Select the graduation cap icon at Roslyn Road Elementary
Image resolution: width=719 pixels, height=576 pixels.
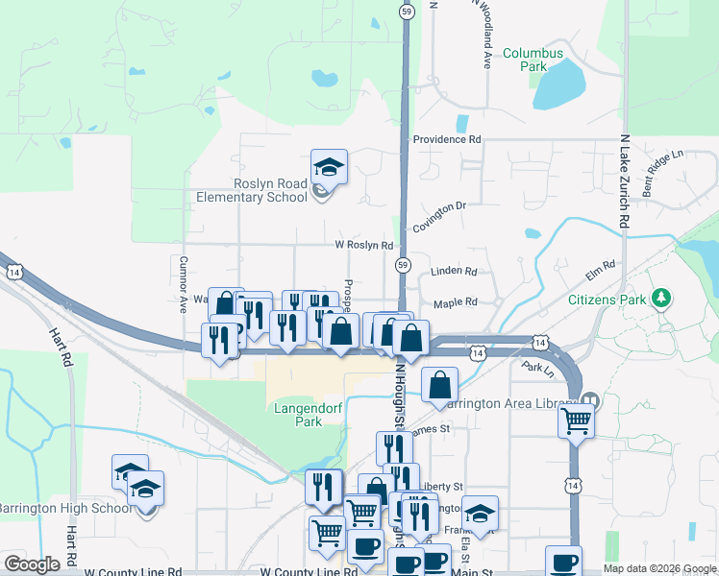tap(329, 168)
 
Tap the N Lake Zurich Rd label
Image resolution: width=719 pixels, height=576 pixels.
tap(624, 180)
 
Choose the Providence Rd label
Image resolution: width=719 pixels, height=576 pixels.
tap(447, 140)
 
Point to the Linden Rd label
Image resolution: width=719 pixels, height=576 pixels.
tap(455, 273)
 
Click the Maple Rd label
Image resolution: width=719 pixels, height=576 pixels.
tap(456, 303)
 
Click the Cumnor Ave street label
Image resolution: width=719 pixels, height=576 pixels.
tap(183, 284)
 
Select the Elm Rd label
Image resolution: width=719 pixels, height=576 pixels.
tap(600, 271)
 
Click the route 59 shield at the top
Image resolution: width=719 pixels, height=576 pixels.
tap(408, 11)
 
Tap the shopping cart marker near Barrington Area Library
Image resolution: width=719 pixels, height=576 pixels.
tap(577, 419)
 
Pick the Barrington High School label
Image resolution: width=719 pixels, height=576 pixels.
tap(65, 508)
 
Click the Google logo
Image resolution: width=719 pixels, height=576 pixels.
tap(33, 564)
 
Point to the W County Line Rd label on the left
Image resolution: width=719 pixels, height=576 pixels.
tap(134, 571)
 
